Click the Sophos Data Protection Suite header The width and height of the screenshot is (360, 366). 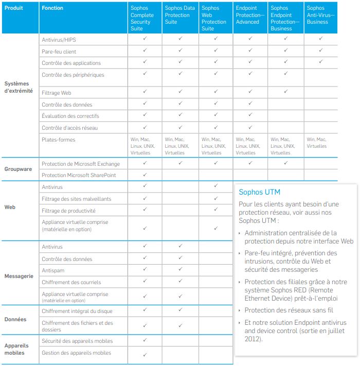pos(179,15)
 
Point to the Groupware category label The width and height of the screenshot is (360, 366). pos(19,169)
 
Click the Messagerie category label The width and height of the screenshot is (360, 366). pos(19,276)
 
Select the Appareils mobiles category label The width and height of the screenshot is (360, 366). pos(17,349)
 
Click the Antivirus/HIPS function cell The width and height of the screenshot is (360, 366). pos(59,40)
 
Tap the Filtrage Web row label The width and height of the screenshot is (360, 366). pos(56,93)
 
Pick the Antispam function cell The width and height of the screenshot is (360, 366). pos(53,270)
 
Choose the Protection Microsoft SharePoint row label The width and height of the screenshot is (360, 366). pos(79,175)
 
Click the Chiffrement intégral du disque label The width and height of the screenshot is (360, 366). pos(77,311)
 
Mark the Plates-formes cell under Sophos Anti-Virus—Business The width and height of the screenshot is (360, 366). pos(316,143)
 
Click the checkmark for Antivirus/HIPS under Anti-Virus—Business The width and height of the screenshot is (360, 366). pos(321,39)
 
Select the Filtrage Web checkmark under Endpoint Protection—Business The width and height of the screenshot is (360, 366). pos(285,92)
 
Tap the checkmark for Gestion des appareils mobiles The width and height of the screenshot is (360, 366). pos(145,354)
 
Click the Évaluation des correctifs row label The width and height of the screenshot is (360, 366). pos(70,116)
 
